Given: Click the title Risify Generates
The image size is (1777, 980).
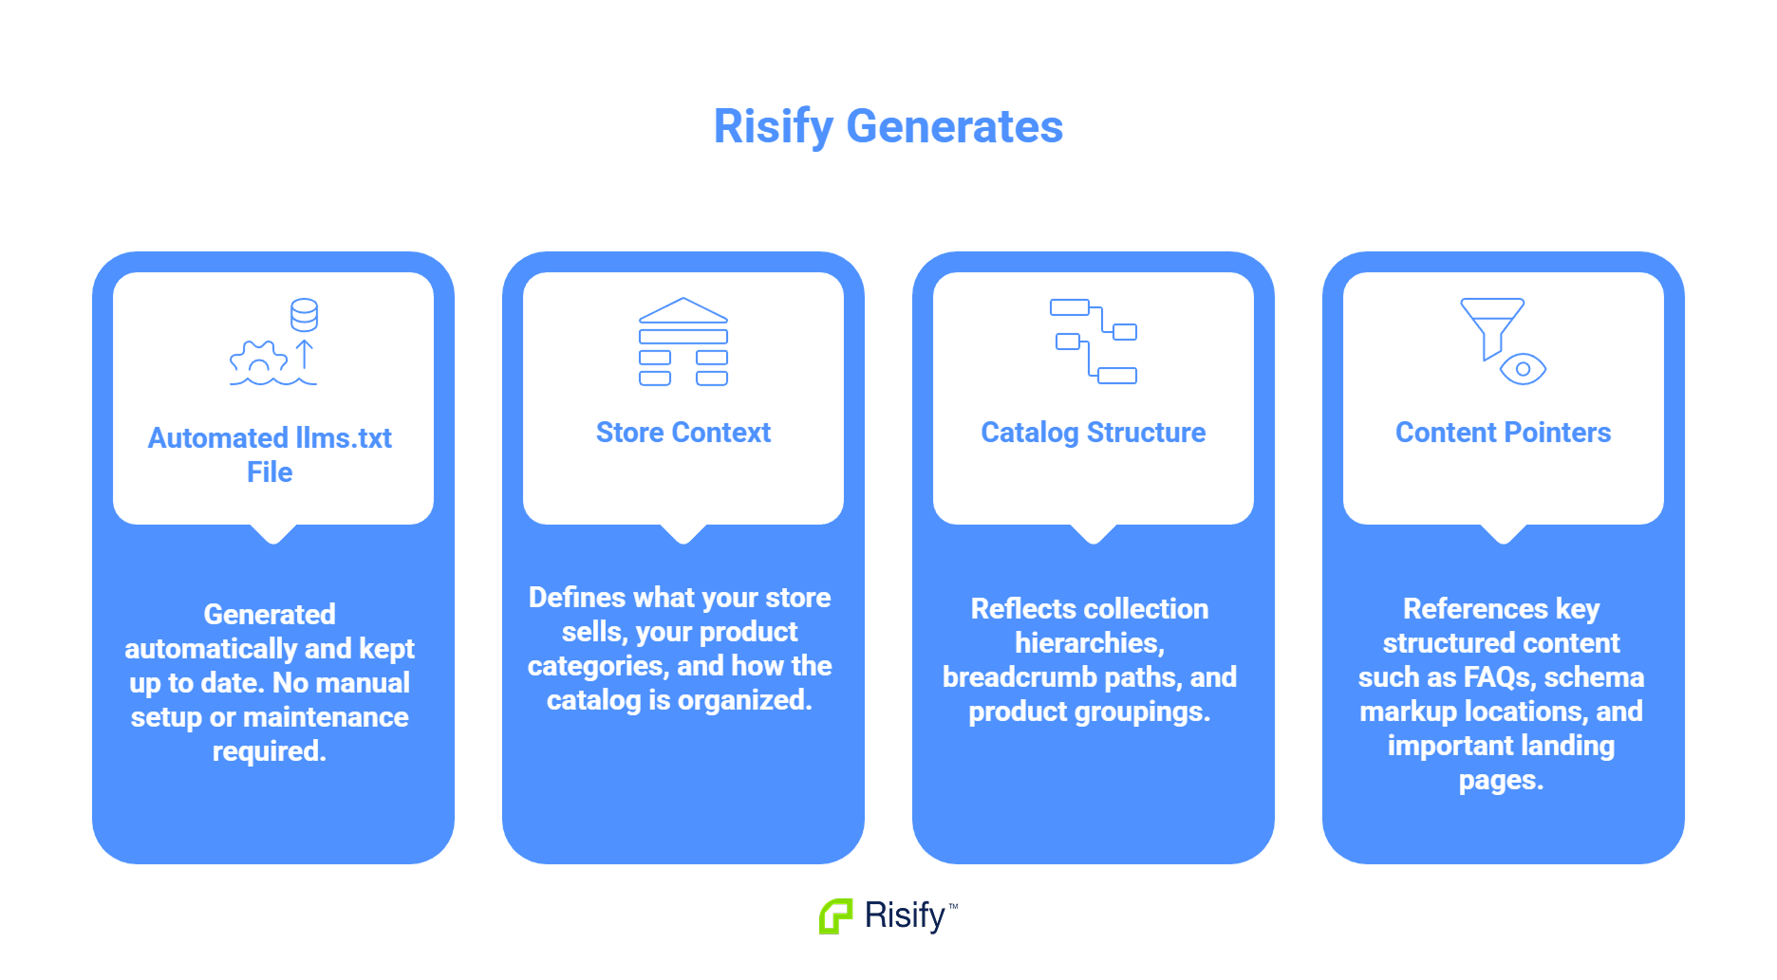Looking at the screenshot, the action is coord(888,127).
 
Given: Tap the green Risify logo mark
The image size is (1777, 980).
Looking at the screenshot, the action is coord(835,916).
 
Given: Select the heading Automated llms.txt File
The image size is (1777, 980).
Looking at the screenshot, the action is coord(270,454).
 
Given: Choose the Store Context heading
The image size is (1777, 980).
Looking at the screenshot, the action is coord(683,433).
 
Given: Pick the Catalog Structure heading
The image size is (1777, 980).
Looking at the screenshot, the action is coord(1094,433).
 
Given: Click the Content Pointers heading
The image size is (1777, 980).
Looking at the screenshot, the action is coord(1504,433).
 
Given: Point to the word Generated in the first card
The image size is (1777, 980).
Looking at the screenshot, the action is coord(270,615).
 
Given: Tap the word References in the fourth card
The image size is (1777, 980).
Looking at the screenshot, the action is coord(1475,609).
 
